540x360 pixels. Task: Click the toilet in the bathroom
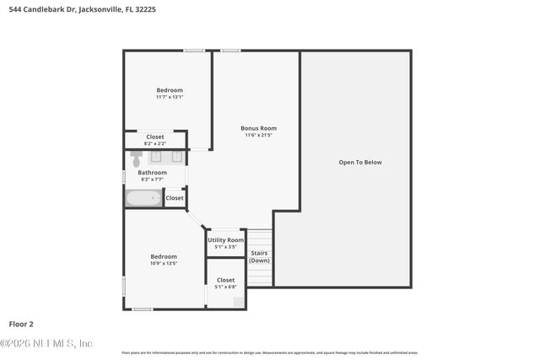click(137, 158)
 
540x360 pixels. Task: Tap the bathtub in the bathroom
click(143, 198)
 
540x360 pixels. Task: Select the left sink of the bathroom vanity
click(156, 156)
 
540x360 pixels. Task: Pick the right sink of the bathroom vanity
click(176, 156)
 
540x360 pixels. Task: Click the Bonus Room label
click(258, 128)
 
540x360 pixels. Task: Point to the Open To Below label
click(360, 162)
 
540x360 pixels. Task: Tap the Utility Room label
click(225, 240)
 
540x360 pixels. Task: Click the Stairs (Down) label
click(259, 256)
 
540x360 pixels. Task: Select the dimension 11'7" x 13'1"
click(169, 97)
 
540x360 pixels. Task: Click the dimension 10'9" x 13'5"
click(164, 263)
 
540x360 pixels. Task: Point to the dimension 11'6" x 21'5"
click(258, 135)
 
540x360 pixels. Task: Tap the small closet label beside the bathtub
click(175, 198)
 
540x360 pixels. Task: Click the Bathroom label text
click(153, 172)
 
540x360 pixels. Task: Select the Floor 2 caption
click(21, 324)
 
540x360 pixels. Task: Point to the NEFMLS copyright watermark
click(46, 343)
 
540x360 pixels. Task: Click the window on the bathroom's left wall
click(125, 175)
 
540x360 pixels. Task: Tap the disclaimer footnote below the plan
click(269, 352)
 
